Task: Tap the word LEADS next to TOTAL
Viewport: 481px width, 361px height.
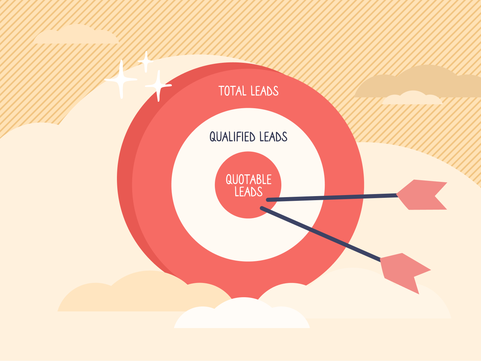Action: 264,91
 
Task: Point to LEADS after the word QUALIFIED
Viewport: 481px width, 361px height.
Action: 273,137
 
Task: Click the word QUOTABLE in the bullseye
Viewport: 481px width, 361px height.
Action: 248,179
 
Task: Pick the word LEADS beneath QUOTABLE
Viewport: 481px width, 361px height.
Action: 248,191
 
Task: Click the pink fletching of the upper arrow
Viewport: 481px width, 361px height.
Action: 422,195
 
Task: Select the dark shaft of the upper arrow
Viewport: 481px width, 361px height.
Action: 332,197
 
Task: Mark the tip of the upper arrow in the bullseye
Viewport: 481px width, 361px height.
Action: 267,200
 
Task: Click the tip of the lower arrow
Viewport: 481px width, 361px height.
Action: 262,208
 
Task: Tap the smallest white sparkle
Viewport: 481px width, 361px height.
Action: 146,62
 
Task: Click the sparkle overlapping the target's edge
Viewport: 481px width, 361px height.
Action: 158,86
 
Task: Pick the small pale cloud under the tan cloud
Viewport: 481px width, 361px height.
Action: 412,98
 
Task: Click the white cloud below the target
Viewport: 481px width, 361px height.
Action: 242,313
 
